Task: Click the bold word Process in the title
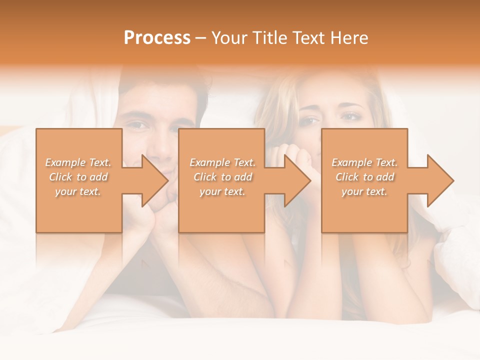pyautogui.click(x=157, y=38)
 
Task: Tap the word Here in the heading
pyautogui.click(x=348, y=38)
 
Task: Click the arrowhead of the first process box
pyautogui.click(x=155, y=180)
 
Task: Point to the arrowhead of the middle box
pyautogui.click(x=298, y=180)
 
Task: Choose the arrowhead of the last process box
pyautogui.click(x=440, y=180)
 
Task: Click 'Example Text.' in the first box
pyautogui.click(x=78, y=162)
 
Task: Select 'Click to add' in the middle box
pyautogui.click(x=222, y=177)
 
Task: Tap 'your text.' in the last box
pyautogui.click(x=364, y=191)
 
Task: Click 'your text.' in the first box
pyautogui.click(x=78, y=191)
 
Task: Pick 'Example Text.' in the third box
pyautogui.click(x=364, y=162)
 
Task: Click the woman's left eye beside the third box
pyautogui.click(x=350, y=116)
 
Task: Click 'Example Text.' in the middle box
pyautogui.click(x=222, y=162)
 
